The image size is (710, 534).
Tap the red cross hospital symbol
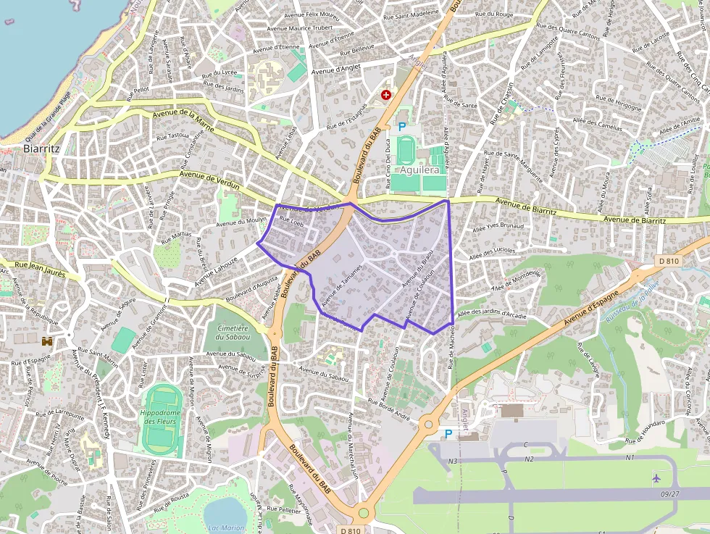point(386,95)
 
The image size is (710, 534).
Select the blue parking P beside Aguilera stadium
point(402,127)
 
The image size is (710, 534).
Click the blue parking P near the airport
point(448,433)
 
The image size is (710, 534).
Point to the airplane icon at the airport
point(656,478)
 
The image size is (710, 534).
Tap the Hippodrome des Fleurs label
point(160,417)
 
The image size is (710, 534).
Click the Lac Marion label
point(225,527)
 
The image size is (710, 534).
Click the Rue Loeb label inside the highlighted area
point(291,222)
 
